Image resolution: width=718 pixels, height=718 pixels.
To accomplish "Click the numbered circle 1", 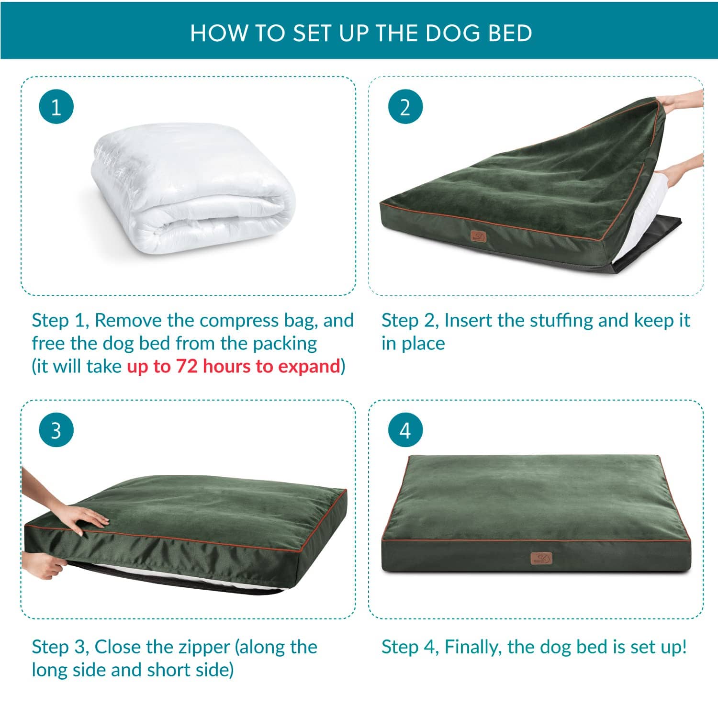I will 56,107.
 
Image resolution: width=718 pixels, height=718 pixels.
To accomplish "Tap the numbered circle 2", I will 405,107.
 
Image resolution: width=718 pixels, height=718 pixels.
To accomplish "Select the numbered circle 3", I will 56,430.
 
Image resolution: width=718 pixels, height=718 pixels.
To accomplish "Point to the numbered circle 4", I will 405,430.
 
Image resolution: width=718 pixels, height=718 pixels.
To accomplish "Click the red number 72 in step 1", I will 187,366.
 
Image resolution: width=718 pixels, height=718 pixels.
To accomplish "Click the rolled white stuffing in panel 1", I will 191,191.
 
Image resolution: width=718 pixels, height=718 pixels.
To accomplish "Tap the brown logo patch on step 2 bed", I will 478,236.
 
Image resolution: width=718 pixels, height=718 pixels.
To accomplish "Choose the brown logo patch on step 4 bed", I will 541,558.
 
